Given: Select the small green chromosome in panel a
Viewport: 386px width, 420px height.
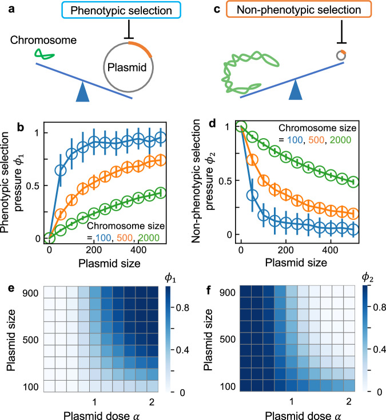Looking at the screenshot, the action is tap(44, 54).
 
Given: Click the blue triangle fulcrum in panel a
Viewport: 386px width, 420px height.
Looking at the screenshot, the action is tap(82, 92).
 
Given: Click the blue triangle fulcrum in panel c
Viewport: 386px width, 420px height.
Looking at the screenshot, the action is tap(295, 90).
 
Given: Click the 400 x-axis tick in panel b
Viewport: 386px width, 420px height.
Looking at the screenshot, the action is tap(138, 250).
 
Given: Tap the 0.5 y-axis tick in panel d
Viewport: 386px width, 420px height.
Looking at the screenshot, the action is tap(225, 181).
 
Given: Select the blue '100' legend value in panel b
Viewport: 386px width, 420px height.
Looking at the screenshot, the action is tap(103, 237).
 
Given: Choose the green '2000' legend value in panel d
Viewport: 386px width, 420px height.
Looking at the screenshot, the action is tap(340, 140).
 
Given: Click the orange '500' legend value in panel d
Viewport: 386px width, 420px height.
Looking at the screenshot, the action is tap(316, 140).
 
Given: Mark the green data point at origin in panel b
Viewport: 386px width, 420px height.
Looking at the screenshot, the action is tap(49, 237).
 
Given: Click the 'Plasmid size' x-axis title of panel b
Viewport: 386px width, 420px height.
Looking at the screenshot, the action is tap(109, 263).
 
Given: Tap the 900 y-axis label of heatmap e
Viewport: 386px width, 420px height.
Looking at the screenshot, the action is tap(30, 293).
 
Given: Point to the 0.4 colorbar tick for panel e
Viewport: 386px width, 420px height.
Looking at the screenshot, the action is tap(182, 350).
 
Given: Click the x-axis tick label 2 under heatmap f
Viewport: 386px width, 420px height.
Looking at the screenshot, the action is tap(349, 402).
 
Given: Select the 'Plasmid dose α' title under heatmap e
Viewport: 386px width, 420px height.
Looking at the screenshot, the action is tap(101, 415).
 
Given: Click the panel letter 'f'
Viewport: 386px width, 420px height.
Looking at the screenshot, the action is tap(209, 290).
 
